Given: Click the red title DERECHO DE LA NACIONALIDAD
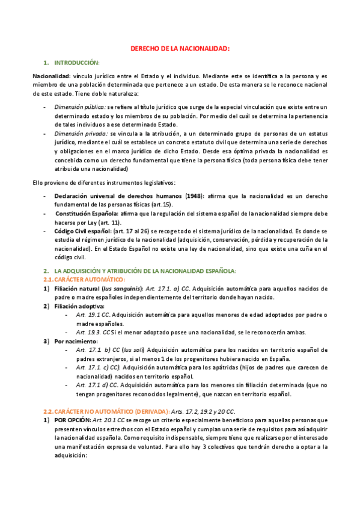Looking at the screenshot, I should pyautogui.click(x=180, y=49).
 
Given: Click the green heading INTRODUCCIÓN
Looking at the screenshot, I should pyautogui.click(x=77, y=63).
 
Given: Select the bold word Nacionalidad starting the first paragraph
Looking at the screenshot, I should pyautogui.click(x=51, y=76).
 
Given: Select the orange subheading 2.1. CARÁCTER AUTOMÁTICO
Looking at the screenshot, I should pyautogui.click(x=84, y=280).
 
